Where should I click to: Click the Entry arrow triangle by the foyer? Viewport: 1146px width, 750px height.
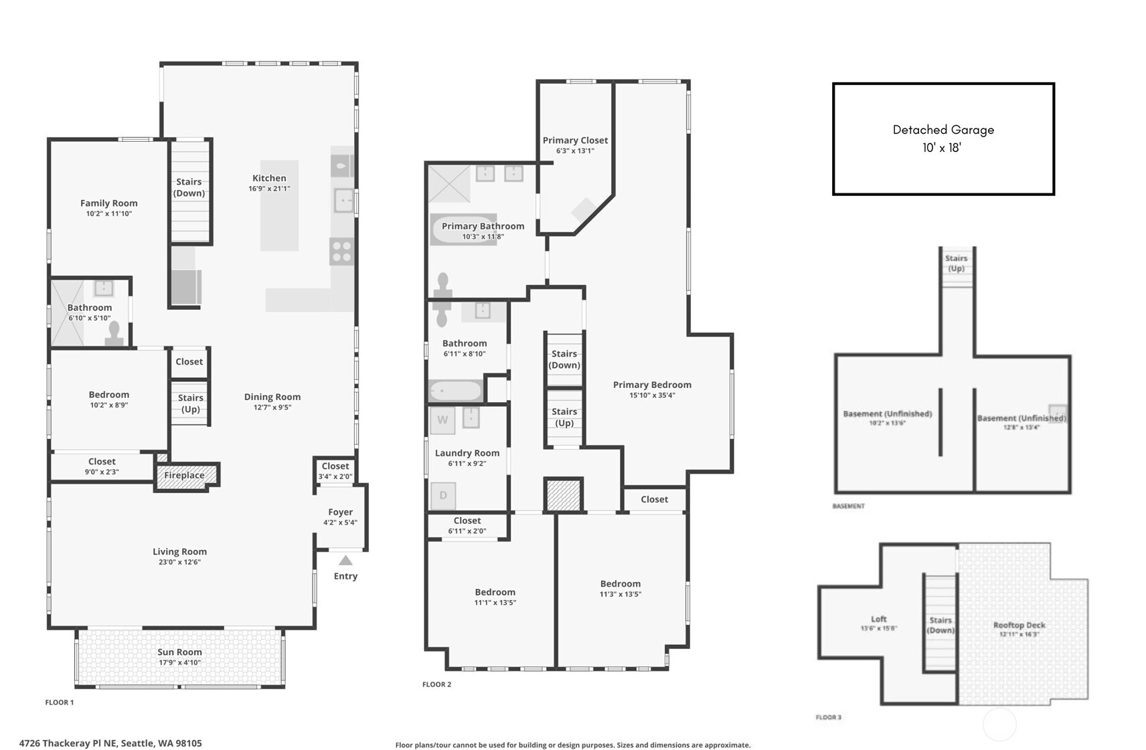tap(345, 561)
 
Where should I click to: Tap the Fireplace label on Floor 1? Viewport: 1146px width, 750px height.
tap(184, 476)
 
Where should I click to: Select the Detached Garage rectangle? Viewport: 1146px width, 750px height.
tap(943, 138)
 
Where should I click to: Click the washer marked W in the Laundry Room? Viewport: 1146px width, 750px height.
tap(442, 420)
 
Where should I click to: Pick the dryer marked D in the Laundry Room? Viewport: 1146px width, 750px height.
tap(442, 496)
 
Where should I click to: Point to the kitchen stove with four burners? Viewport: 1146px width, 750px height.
tap(341, 252)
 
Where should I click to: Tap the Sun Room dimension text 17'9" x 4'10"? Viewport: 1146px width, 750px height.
tap(179, 663)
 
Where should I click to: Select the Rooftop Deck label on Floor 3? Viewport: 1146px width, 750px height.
tap(1019, 625)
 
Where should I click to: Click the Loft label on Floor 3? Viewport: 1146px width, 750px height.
tap(878, 619)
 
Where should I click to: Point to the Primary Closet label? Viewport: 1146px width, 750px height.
tap(575, 140)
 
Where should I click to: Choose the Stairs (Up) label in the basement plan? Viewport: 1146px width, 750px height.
tap(956, 263)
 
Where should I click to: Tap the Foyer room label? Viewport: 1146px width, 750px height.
tap(340, 512)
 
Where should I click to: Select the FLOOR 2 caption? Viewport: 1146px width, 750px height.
tap(436, 684)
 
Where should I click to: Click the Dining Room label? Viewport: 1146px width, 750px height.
tap(272, 397)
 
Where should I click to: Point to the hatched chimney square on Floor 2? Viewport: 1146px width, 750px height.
tap(563, 496)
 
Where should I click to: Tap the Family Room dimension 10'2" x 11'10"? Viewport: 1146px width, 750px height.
tap(108, 214)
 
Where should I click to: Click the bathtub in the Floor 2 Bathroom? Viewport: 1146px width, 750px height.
tap(455, 391)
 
